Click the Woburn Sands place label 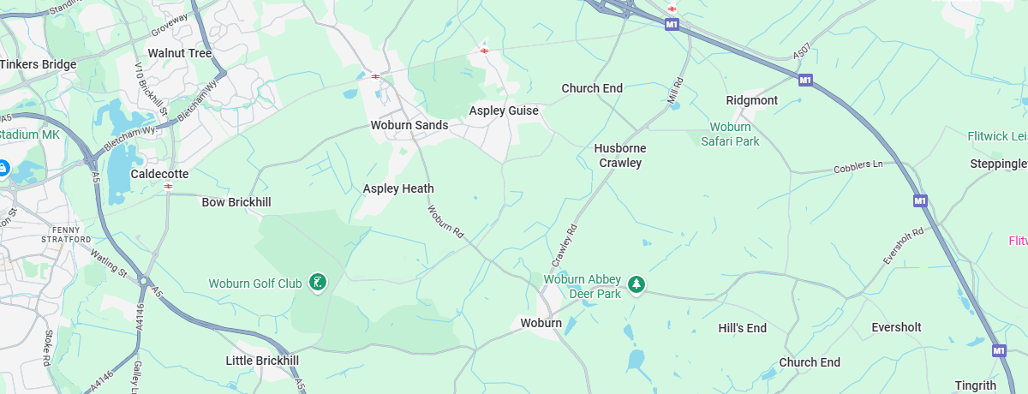coord(409,125)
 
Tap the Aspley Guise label coord(504,110)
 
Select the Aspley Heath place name coord(398,188)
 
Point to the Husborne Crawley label coord(620,155)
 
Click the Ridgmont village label coord(752,100)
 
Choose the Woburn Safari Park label coord(730,134)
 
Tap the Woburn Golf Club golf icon coord(317,282)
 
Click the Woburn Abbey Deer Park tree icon coord(636,284)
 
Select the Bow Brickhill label coord(236,202)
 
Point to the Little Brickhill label coord(262,361)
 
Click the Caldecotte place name coord(159,174)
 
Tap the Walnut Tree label coord(180,53)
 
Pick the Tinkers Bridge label coord(38,64)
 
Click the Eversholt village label coord(896,327)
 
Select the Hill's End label coord(742,328)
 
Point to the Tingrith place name coord(974,385)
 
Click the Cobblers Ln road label coord(858,166)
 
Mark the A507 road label coord(801,53)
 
